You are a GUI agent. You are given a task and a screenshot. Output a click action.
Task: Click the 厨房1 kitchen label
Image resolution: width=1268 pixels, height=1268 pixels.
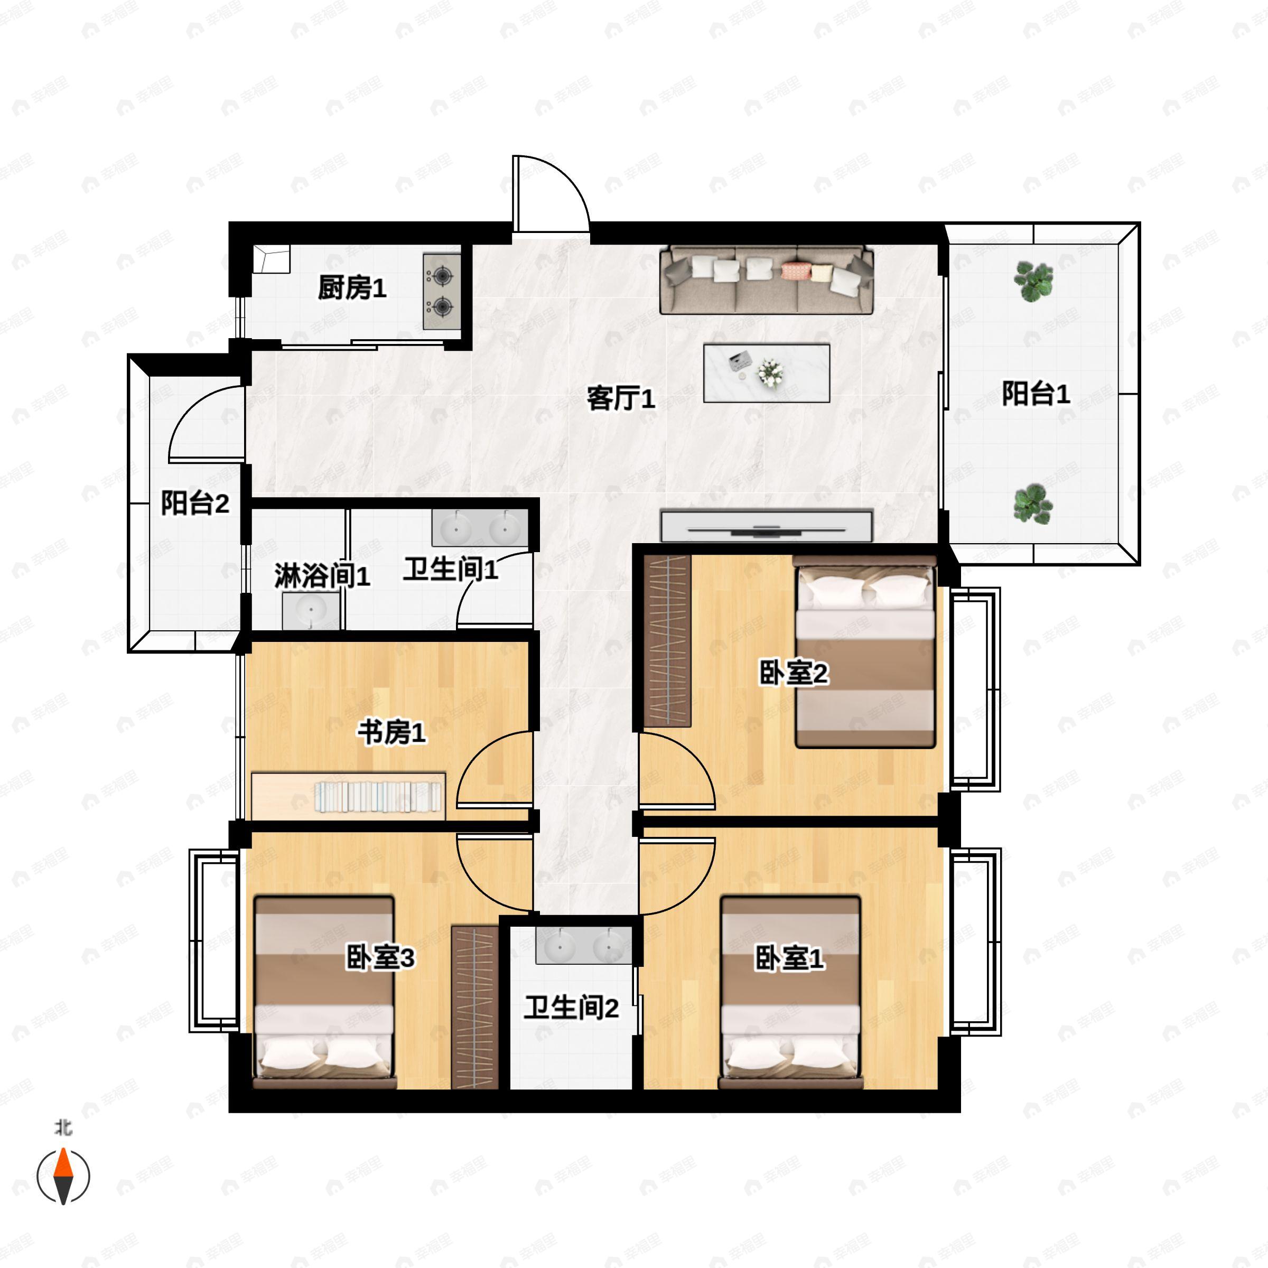coord(352,288)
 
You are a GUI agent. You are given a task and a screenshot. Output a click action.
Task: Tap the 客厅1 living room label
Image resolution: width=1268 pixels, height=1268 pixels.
coord(620,398)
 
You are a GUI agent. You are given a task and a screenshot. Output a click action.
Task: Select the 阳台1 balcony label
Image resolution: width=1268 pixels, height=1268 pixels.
coord(1035,394)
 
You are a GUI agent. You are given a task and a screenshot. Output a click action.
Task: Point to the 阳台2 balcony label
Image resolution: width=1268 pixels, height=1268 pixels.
coord(195,504)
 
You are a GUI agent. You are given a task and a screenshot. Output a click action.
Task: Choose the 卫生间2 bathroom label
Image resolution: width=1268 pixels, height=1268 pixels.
coord(571,1008)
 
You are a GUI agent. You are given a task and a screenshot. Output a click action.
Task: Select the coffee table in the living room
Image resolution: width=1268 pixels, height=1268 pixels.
coord(767,373)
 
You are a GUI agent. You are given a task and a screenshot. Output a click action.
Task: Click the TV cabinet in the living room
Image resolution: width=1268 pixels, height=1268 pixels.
coord(767,526)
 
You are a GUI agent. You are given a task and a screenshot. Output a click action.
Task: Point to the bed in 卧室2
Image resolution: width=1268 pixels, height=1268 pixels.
coord(865,653)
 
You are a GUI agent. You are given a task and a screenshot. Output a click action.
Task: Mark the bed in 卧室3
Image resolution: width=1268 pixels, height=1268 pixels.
coord(324,991)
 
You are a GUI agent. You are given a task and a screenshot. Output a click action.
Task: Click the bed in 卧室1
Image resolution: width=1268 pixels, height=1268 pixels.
coord(791,991)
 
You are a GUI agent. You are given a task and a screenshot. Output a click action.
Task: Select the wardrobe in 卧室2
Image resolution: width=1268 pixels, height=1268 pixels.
coord(667,641)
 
